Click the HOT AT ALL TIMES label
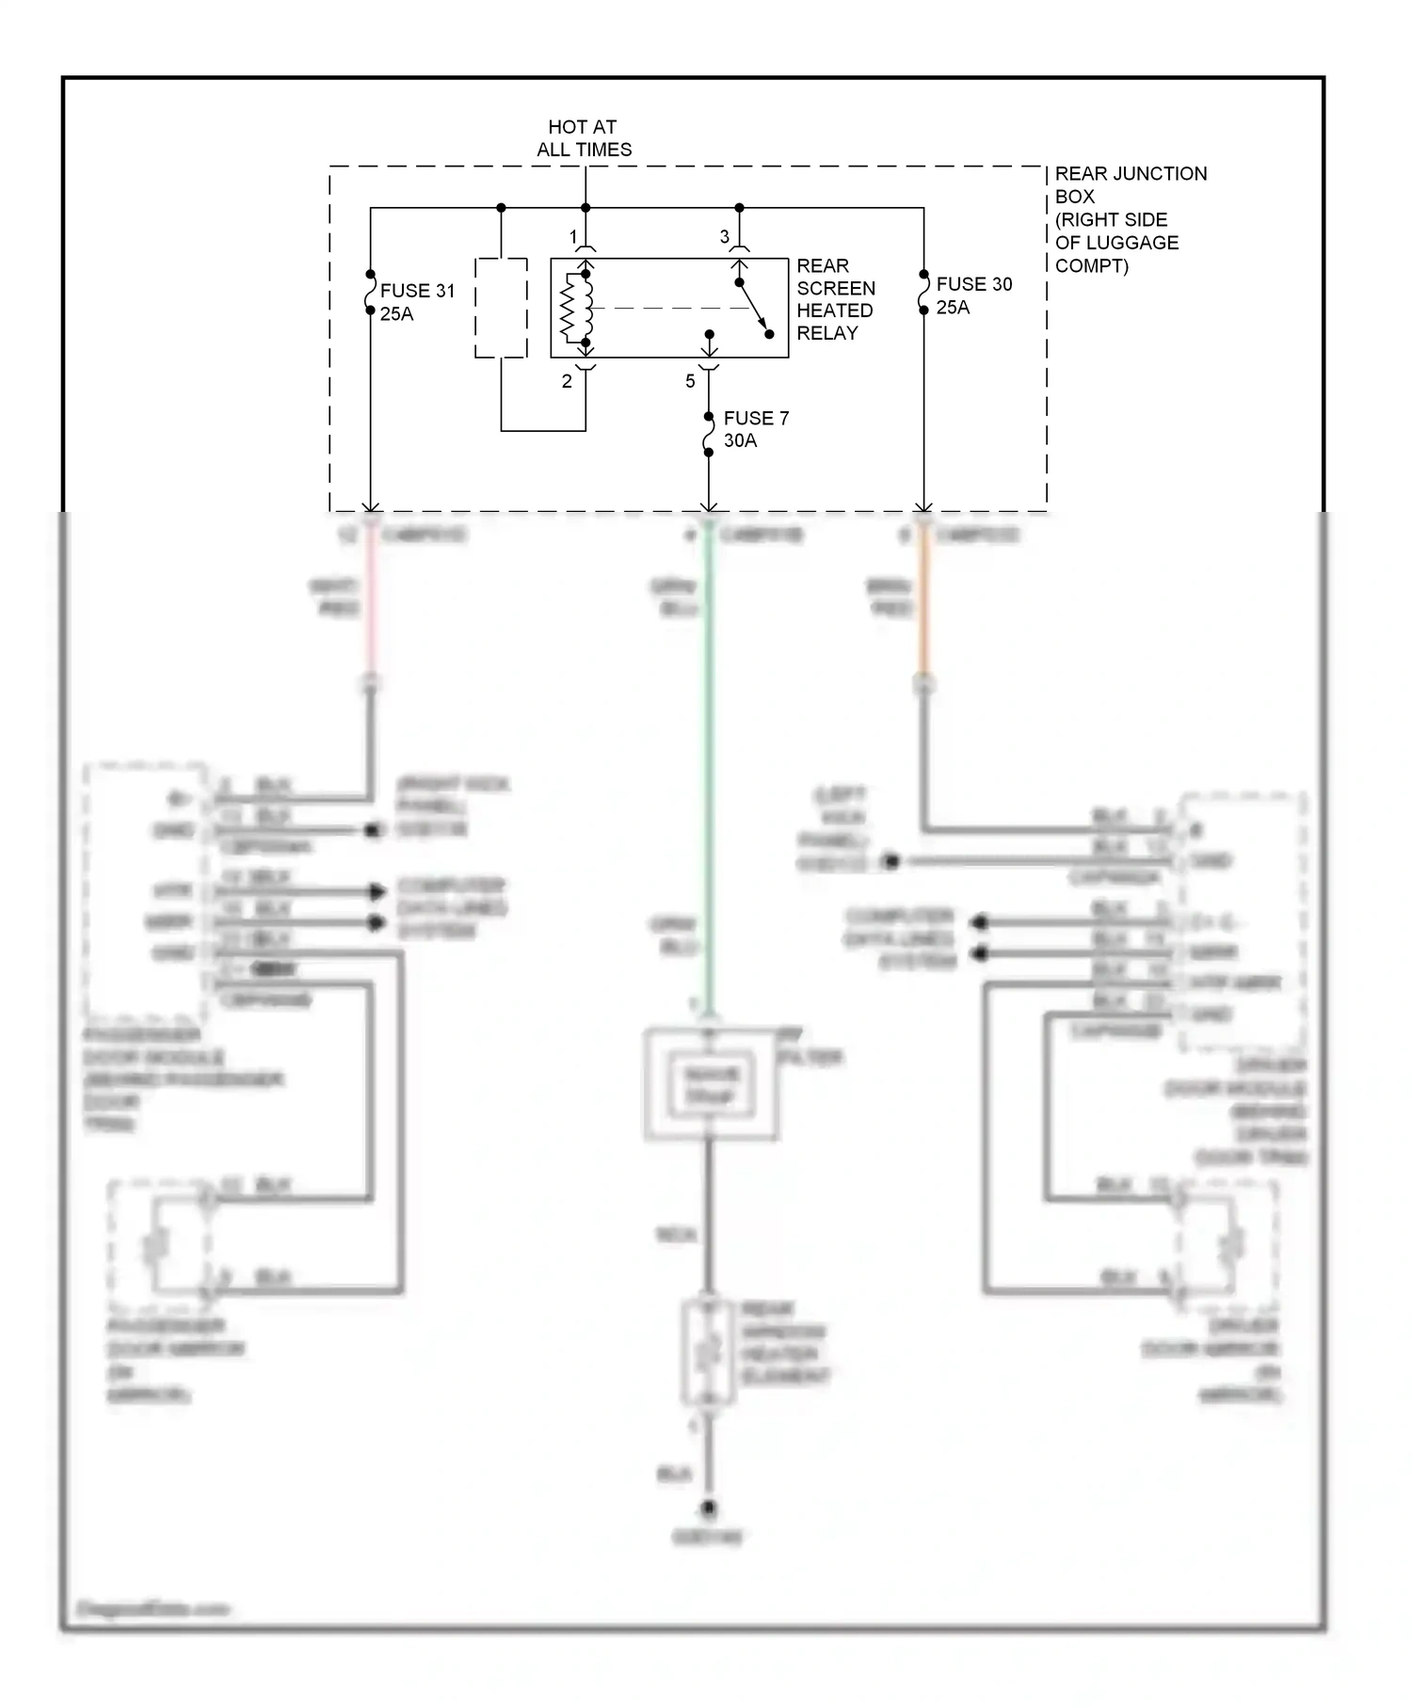tap(584, 138)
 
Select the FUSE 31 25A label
tap(416, 302)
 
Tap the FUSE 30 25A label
tap(973, 295)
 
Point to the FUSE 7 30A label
tap(755, 429)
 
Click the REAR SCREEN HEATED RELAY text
tap(835, 299)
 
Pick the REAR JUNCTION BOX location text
tap(1129, 219)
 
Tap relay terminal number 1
tap(573, 236)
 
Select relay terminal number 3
tap(724, 237)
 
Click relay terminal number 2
tap(567, 381)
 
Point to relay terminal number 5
tap(690, 381)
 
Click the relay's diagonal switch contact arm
tap(753, 308)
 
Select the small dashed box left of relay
tap(501, 308)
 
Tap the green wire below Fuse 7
tap(709, 753)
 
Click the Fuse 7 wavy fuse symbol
tap(709, 434)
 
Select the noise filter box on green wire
tap(711, 1085)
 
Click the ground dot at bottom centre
tap(709, 1508)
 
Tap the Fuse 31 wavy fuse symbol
tap(371, 293)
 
